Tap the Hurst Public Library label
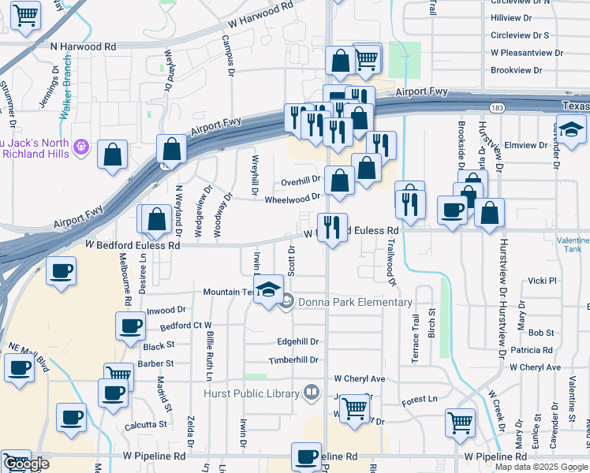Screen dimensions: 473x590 pyautogui.click(x=252, y=393)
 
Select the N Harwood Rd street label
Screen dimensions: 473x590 pyautogui.click(x=83, y=47)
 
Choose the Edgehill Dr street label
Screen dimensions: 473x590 pyautogui.click(x=297, y=342)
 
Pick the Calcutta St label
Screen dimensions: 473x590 pyautogui.click(x=146, y=424)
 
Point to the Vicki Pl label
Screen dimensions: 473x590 pyautogui.click(x=543, y=281)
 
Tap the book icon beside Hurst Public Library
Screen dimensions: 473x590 pyautogui.click(x=313, y=393)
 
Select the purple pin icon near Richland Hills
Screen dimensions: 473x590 pyautogui.click(x=81, y=147)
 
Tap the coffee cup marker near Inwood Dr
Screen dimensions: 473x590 pyautogui.click(x=131, y=326)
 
